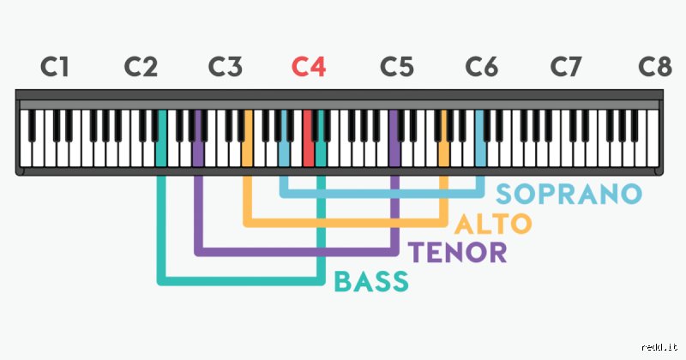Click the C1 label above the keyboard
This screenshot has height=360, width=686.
coord(55,67)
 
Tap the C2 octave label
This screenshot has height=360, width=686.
coord(141,67)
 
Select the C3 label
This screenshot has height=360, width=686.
coord(225,67)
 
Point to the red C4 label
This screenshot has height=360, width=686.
coord(309,67)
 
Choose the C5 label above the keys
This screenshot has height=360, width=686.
coord(396,67)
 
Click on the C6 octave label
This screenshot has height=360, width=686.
coord(481,67)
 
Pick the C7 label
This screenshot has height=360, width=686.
coord(566,67)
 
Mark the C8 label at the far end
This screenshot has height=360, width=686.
coord(654,67)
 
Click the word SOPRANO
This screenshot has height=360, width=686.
coord(569,194)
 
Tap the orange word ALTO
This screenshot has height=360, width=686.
coord(493,224)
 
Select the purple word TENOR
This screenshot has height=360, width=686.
coord(457,252)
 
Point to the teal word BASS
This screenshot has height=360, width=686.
coord(371,281)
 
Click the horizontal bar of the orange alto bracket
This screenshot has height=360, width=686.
coord(346,223)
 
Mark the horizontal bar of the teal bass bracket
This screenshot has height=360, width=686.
coord(241,281)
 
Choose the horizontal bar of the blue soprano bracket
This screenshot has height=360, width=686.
coord(382,194)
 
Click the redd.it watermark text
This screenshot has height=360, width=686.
coord(659,347)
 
